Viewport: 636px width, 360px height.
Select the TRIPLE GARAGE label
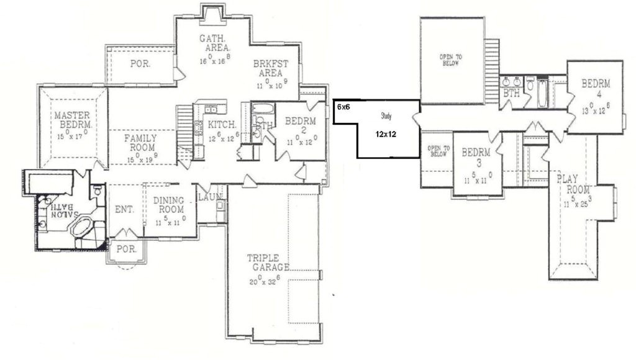pyautogui.click(x=268, y=263)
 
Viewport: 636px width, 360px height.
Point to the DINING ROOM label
pyautogui.click(x=169, y=205)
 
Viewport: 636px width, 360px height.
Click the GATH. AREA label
pyautogui.click(x=215, y=43)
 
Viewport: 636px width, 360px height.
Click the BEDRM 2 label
pyautogui.click(x=301, y=125)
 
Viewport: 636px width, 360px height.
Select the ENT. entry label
pyautogui.click(x=124, y=210)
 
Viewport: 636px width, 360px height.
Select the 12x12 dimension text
pyautogui.click(x=386, y=133)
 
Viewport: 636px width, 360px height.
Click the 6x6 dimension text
pyautogui.click(x=343, y=107)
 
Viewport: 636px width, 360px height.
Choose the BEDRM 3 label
pyautogui.click(x=476, y=156)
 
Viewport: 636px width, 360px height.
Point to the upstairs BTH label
pyautogui.click(x=511, y=93)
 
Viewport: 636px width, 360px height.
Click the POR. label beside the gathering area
pyautogui.click(x=140, y=63)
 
